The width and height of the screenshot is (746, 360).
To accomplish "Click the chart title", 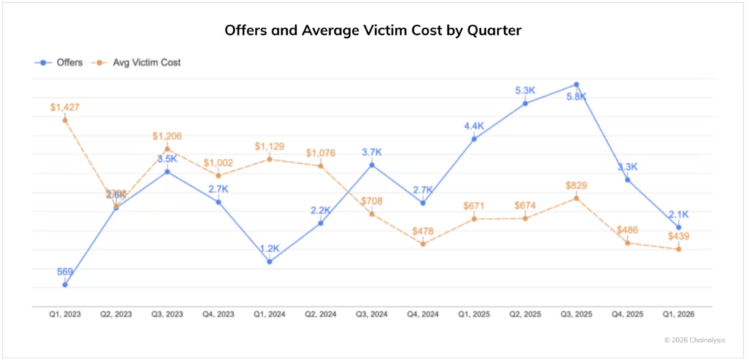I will coord(373,31).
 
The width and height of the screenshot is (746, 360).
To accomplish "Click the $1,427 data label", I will coord(65,107).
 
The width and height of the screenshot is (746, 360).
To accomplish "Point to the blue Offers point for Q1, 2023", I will coord(65,284).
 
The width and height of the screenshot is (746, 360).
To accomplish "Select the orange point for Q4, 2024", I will coord(423,243).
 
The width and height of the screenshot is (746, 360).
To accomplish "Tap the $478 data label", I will coord(423,231).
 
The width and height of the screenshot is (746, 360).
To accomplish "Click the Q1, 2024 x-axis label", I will coord(270,314).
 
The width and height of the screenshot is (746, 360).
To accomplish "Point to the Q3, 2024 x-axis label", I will coord(372,314).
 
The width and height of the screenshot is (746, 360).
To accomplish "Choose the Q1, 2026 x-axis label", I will coord(678,314).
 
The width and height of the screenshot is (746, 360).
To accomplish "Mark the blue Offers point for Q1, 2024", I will coord(270,261).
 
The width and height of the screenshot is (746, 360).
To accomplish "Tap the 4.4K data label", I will coord(474,126).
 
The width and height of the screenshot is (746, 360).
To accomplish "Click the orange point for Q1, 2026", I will coord(678,249).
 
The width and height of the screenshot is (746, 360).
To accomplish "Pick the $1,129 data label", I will coord(270,146).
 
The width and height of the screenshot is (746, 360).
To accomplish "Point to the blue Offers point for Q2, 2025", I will coord(525,103).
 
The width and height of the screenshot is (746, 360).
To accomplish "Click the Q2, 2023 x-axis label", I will coord(116,314).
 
